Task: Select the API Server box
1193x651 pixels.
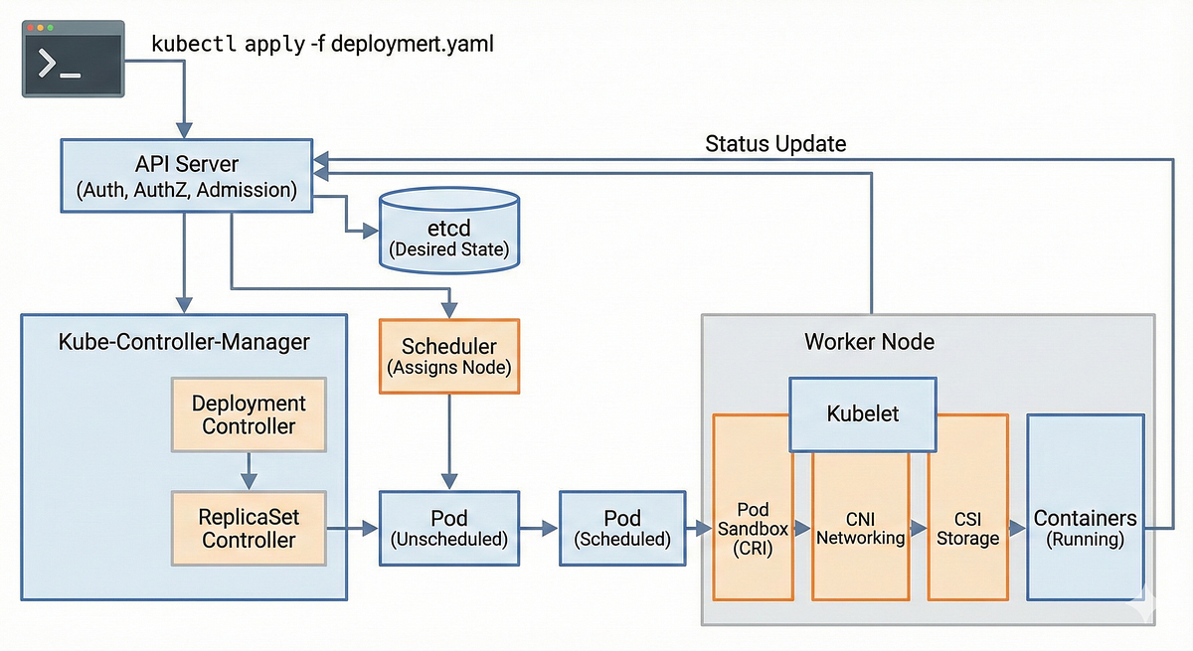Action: coord(187,177)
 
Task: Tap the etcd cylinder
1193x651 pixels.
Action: coord(449,231)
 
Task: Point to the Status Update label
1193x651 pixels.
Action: coord(775,143)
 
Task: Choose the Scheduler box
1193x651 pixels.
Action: coord(449,356)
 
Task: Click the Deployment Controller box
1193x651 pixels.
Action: coord(249,414)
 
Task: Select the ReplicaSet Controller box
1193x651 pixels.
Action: coord(249,529)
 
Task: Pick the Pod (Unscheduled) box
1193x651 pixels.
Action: coord(449,529)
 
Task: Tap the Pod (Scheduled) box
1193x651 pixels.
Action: coord(622,529)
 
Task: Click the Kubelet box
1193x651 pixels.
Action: coord(863,413)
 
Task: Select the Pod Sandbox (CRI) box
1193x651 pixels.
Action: coord(753,527)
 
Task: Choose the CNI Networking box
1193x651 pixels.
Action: coord(861,527)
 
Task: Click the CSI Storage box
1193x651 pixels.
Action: coord(967,527)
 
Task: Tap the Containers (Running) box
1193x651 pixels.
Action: coord(1085,527)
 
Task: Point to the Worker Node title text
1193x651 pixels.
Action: coord(869,342)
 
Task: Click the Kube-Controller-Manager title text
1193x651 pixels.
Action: coord(184,342)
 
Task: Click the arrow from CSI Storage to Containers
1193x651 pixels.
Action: coord(1016,529)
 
